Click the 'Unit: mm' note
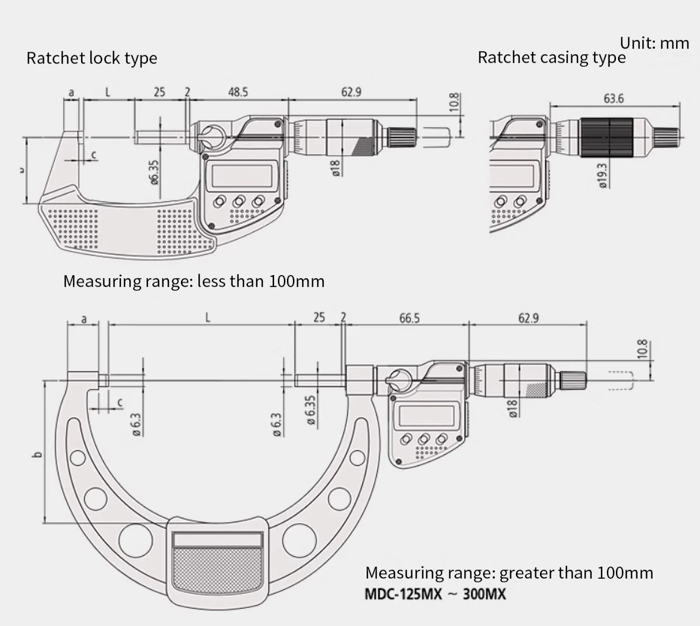click(654, 43)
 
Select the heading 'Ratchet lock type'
click(92, 58)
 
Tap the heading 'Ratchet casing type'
click(551, 58)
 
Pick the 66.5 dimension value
click(409, 318)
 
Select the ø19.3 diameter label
click(602, 175)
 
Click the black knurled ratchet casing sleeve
click(609, 137)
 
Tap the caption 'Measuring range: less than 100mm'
click(194, 282)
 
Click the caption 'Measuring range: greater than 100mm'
click(508, 573)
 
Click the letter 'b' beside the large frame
click(37, 454)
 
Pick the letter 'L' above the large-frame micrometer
click(207, 318)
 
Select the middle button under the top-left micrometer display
click(240, 201)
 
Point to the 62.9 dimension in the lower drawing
click(527, 318)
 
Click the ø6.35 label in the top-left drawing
click(154, 171)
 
